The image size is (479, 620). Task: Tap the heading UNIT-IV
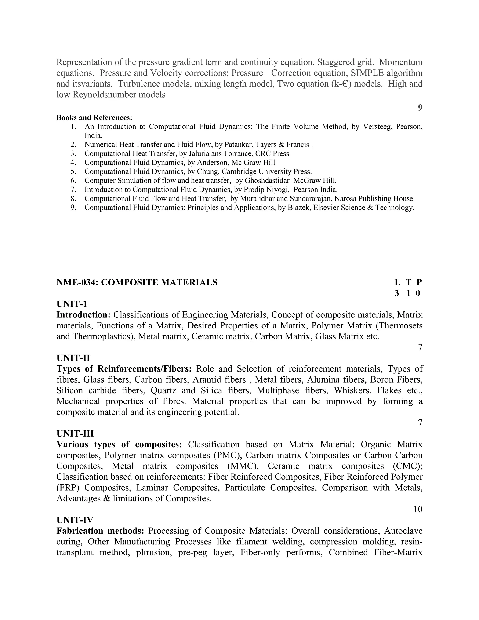75,520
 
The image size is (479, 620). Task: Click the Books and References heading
94,117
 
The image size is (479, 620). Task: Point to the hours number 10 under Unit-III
418,509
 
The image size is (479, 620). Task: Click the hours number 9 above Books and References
420,108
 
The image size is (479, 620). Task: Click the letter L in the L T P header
397,282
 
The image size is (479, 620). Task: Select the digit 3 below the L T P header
397,293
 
